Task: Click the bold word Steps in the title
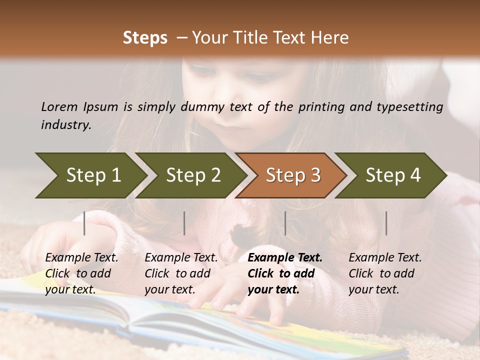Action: (145, 38)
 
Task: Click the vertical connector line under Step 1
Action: (84, 223)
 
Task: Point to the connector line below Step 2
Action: (184, 223)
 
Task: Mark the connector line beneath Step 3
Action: (285, 223)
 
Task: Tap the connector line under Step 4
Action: (386, 223)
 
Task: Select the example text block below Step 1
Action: (82, 273)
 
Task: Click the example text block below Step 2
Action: (181, 273)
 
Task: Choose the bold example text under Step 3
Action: (285, 273)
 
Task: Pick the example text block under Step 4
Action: (385, 273)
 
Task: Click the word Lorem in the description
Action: (59, 106)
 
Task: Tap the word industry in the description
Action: (65, 125)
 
